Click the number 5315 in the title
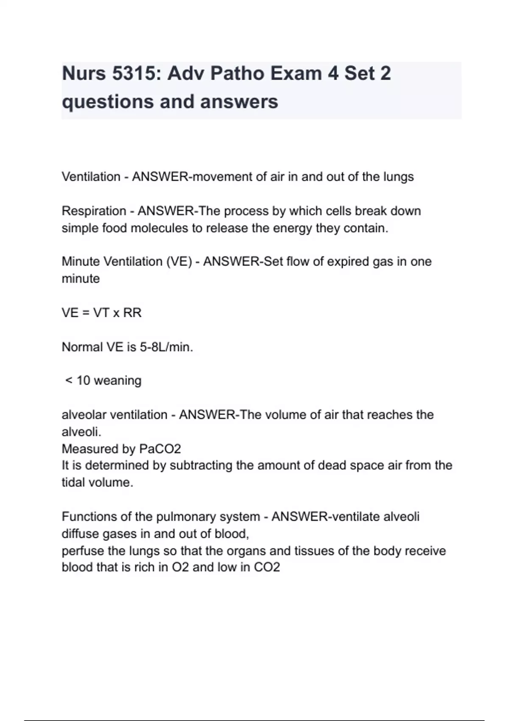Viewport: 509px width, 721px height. (x=134, y=74)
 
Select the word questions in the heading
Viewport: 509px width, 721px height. (x=107, y=102)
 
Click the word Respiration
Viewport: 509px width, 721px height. (x=94, y=211)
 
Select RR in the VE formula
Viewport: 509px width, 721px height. (x=132, y=313)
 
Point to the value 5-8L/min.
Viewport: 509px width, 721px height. (x=166, y=347)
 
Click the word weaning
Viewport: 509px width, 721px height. (x=117, y=381)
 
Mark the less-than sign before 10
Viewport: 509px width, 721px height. (x=69, y=381)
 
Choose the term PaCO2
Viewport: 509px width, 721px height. (x=160, y=449)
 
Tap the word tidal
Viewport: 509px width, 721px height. (x=73, y=483)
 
